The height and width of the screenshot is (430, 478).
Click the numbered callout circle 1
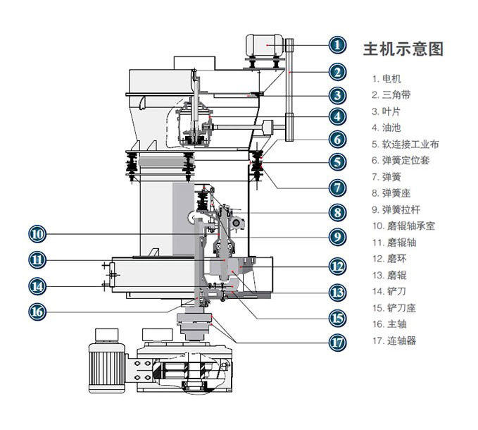click(338, 46)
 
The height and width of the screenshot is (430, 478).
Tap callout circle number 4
click(338, 116)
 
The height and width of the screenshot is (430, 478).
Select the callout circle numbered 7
click(338, 188)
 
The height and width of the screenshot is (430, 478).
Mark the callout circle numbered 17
click(338, 343)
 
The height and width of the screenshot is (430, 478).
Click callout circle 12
click(338, 266)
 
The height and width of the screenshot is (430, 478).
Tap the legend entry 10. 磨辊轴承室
click(403, 226)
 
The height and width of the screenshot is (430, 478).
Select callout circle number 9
click(338, 237)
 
